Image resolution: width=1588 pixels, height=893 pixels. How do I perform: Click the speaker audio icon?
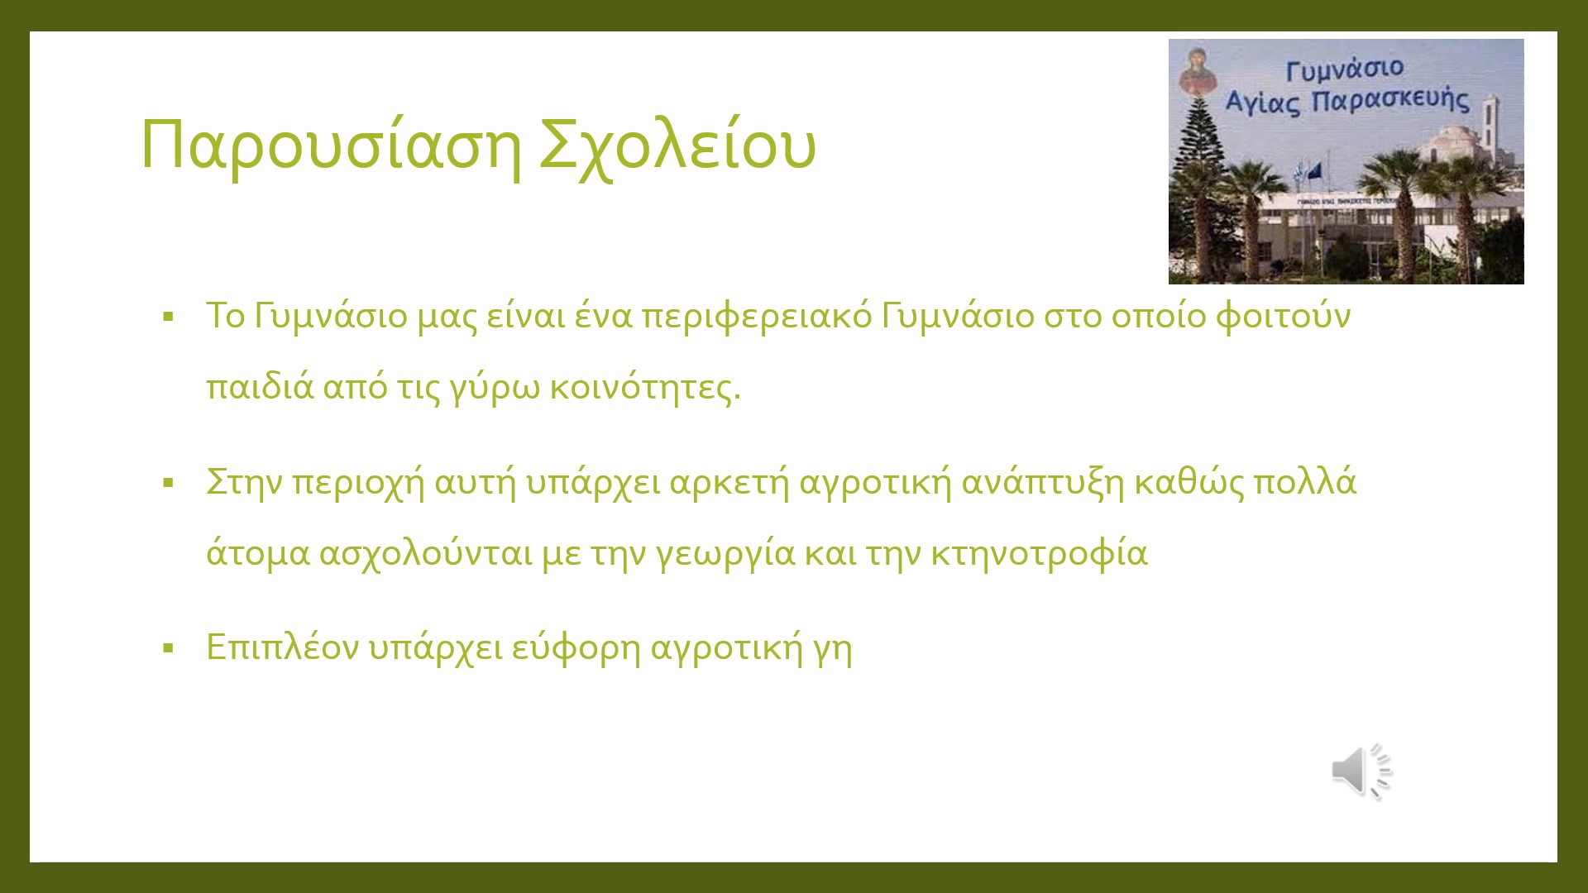1361,771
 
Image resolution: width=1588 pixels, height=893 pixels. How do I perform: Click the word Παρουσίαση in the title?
331,146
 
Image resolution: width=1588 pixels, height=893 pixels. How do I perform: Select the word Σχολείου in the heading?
677,146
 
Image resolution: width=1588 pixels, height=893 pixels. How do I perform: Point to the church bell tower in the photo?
1490,124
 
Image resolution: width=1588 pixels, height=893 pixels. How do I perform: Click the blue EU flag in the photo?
1314,172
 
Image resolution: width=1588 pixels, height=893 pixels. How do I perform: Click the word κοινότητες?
645,387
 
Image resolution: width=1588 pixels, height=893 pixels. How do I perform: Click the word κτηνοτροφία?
1039,553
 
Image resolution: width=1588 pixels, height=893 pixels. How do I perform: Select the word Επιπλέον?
282,647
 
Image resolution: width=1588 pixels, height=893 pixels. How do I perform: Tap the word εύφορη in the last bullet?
576,647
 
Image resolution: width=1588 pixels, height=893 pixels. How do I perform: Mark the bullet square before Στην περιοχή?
169,483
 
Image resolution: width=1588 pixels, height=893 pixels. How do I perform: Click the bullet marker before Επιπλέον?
169,648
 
